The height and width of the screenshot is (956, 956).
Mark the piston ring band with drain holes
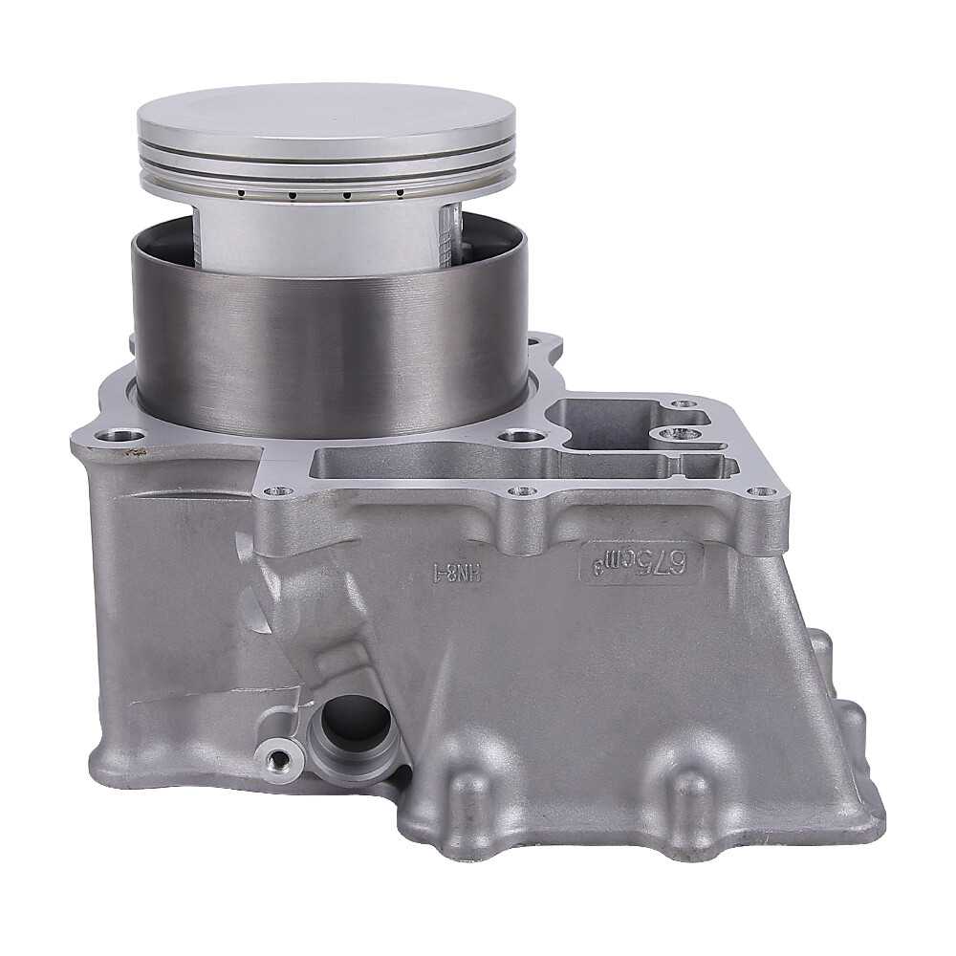point(325,184)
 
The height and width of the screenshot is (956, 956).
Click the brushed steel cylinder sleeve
point(330,354)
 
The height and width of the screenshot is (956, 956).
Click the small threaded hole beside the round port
point(279,759)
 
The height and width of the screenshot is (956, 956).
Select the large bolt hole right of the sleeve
point(521,436)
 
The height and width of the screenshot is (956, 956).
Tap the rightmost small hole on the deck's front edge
point(758,491)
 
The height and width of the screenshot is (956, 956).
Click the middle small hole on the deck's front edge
point(520,491)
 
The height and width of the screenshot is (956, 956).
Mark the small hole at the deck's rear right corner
point(684,404)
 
